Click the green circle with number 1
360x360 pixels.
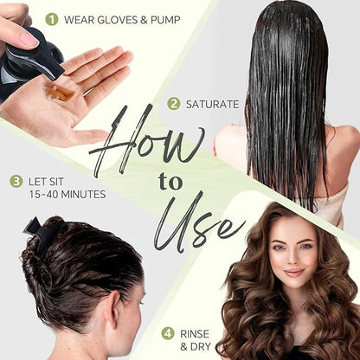tap(52, 20)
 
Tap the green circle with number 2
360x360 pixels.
tap(174, 104)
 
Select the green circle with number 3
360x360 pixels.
tap(16, 182)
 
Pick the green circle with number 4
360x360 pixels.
tap(168, 334)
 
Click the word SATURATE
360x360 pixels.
tap(213, 104)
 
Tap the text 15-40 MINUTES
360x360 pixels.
tap(67, 195)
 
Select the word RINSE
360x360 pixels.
tap(195, 334)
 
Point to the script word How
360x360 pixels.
tap(147, 141)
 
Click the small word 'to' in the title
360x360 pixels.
tap(170, 183)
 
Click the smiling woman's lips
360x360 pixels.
tap(293, 273)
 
